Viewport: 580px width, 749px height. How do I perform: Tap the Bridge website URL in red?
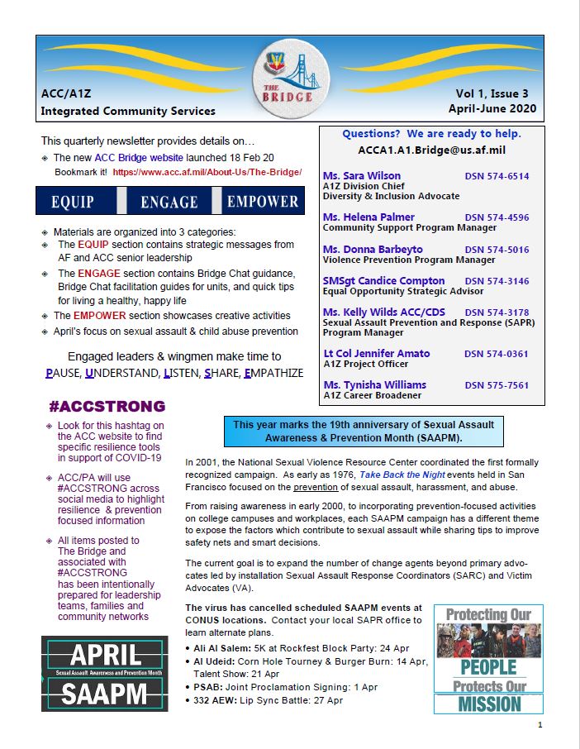point(207,173)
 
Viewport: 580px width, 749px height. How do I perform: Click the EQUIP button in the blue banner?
point(73,201)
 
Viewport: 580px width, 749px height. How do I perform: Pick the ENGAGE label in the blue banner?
point(169,201)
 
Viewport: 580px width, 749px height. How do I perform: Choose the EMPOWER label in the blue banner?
point(263,201)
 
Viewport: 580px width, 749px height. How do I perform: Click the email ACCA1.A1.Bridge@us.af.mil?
point(431,150)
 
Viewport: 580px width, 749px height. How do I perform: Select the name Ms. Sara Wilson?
point(362,176)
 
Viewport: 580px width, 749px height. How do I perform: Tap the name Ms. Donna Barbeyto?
point(373,250)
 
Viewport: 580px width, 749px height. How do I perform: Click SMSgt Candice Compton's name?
point(383,281)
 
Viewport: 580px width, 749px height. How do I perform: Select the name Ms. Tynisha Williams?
point(374,385)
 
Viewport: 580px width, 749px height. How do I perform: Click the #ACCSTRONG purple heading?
point(107,407)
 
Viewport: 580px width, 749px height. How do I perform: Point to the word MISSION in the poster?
point(489,704)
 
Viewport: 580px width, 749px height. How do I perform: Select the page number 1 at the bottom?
point(540,725)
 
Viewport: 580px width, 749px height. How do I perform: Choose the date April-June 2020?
point(492,109)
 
